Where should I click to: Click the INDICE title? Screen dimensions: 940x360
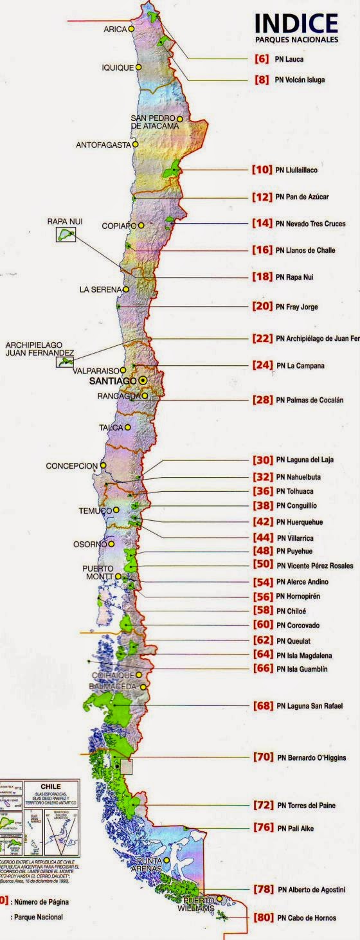click(x=296, y=24)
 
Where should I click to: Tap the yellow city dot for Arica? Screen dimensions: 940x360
click(x=131, y=29)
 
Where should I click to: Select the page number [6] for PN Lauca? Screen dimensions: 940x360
click(x=262, y=59)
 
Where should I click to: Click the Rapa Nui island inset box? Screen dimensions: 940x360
click(x=66, y=235)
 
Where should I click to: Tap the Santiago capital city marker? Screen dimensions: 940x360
click(x=142, y=381)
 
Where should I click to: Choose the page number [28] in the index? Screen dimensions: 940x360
click(x=263, y=400)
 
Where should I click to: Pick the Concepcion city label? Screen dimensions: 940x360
click(x=71, y=465)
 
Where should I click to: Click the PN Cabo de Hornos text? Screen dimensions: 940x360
click(x=305, y=918)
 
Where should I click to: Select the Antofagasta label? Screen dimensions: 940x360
click(x=103, y=145)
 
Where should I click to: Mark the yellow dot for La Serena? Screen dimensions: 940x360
click(x=126, y=289)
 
